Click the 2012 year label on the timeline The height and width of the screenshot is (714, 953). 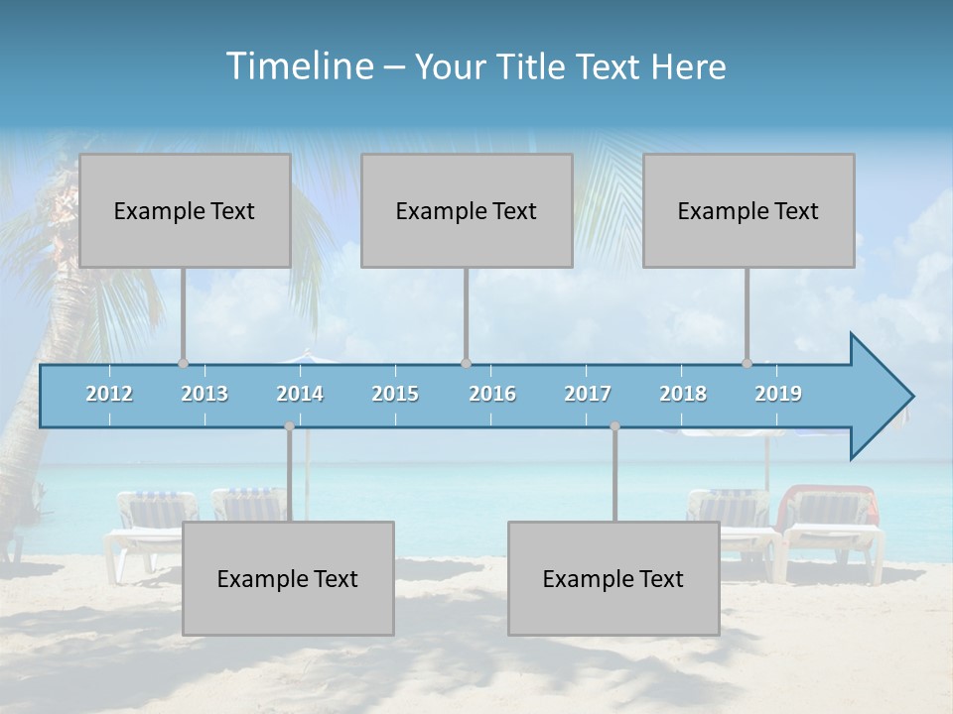109,394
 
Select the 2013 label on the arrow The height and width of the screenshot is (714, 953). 204,394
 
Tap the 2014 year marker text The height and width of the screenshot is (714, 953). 300,394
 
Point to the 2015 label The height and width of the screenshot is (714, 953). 395,394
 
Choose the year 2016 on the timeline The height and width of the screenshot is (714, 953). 492,394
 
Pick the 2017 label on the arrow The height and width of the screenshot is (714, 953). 588,394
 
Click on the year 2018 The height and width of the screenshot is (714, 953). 683,394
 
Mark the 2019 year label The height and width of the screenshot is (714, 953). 778,394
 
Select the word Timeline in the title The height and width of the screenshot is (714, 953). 298,66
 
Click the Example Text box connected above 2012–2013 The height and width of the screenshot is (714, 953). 185,210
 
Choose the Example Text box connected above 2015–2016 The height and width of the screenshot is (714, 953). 467,210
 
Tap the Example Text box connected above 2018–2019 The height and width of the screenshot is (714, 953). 749,210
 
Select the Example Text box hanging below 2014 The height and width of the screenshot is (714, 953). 288,578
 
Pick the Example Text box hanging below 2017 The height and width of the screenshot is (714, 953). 613,578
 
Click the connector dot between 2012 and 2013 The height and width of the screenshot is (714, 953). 183,364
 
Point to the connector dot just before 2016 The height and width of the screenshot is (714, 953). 467,364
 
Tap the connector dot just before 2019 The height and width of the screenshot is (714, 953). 748,364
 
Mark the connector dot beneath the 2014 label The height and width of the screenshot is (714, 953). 289,426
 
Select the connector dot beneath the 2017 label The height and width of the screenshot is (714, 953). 614,426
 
